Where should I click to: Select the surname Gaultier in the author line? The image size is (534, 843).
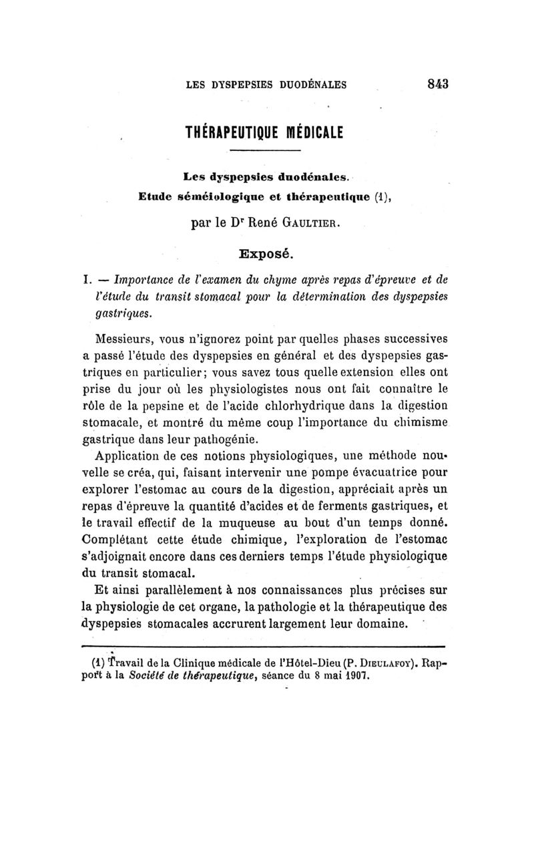point(313,225)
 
